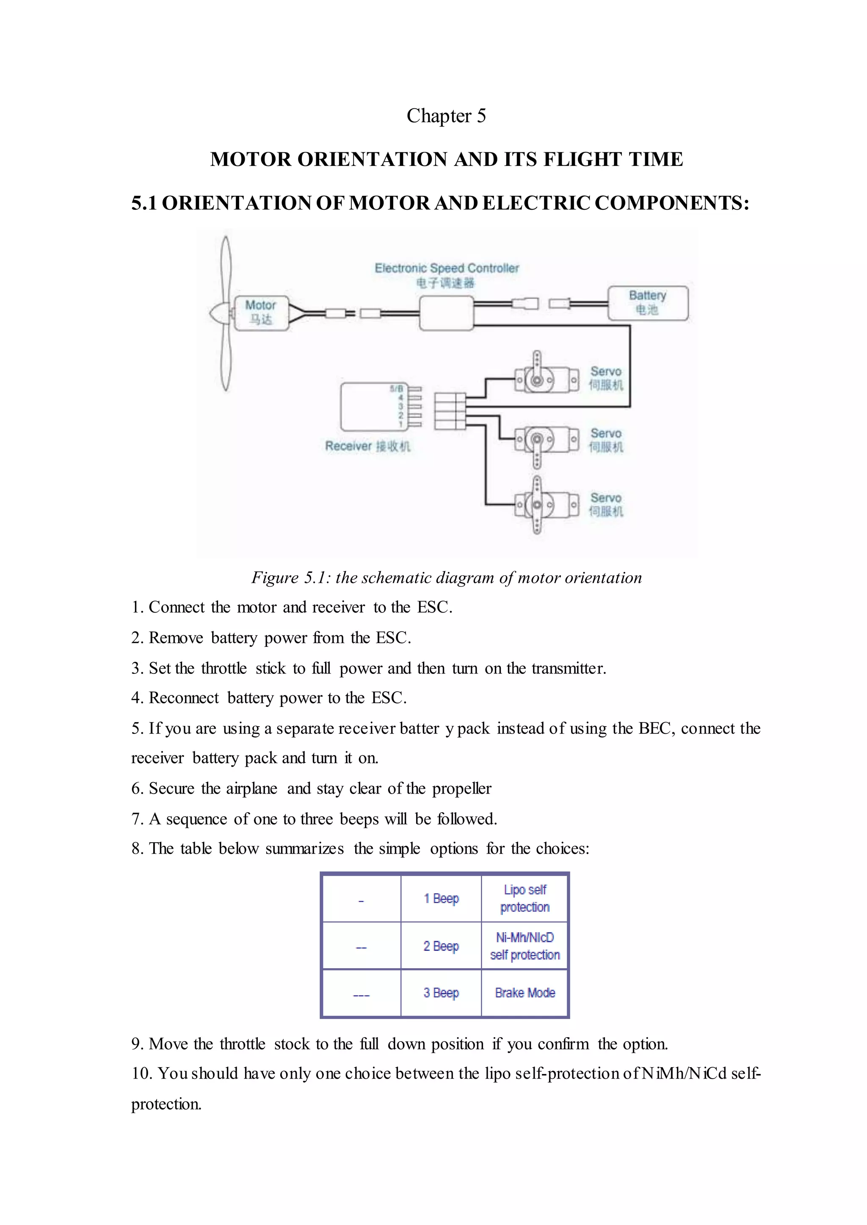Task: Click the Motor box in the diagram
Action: [x=261, y=313]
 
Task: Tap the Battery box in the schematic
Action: [x=648, y=303]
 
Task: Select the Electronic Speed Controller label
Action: [x=446, y=268]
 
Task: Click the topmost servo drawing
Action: [x=546, y=379]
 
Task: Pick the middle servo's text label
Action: [x=605, y=440]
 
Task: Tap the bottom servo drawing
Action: [x=546, y=504]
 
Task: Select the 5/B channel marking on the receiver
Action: [x=396, y=388]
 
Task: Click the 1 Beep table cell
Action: [x=441, y=898]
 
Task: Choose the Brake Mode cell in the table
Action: [x=525, y=993]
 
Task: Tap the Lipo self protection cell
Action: [x=525, y=898]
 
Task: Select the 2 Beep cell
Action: [x=441, y=946]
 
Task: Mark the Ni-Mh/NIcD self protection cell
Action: [x=525, y=946]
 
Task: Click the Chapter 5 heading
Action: [x=446, y=116]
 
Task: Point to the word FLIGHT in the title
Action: [x=583, y=159]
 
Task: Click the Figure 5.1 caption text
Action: [x=446, y=577]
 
